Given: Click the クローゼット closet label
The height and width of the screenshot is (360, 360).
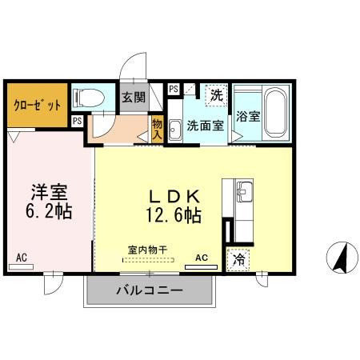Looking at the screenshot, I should pyautogui.click(x=35, y=105).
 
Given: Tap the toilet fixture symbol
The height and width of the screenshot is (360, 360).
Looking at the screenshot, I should pyautogui.click(x=89, y=98).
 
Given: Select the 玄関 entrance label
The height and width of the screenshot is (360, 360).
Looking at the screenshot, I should pyautogui.click(x=134, y=98).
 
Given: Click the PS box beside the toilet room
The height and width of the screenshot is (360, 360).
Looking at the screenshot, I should pyautogui.click(x=77, y=121).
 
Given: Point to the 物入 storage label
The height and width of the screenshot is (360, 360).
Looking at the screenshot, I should pyautogui.click(x=157, y=129).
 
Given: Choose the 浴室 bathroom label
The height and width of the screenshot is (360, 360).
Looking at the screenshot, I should pyautogui.click(x=247, y=117).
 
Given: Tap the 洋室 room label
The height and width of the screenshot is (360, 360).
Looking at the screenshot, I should pyautogui.click(x=48, y=193).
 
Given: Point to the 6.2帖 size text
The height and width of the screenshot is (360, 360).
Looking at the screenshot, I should pyautogui.click(x=48, y=213).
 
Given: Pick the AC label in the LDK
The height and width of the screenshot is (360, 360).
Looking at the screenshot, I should pyautogui.click(x=202, y=258).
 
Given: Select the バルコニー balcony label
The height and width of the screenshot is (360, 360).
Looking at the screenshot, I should pyautogui.click(x=149, y=290).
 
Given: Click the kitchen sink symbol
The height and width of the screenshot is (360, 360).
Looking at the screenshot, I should pyautogui.click(x=245, y=191).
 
